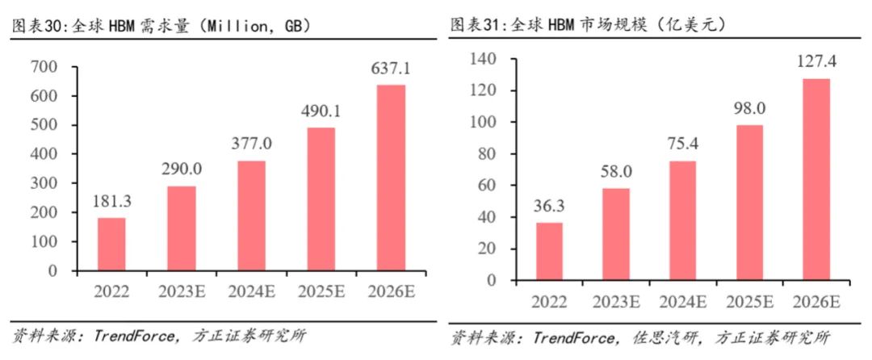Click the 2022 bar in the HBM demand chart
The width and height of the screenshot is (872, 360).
coord(112,244)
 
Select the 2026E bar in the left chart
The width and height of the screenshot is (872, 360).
coord(392,178)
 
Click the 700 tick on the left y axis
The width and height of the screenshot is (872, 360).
coord(56,66)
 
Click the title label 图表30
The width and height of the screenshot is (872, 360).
coord(31,26)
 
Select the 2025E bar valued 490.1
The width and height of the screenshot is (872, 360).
coord(321,199)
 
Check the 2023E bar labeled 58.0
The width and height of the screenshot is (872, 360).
coord(616,234)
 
